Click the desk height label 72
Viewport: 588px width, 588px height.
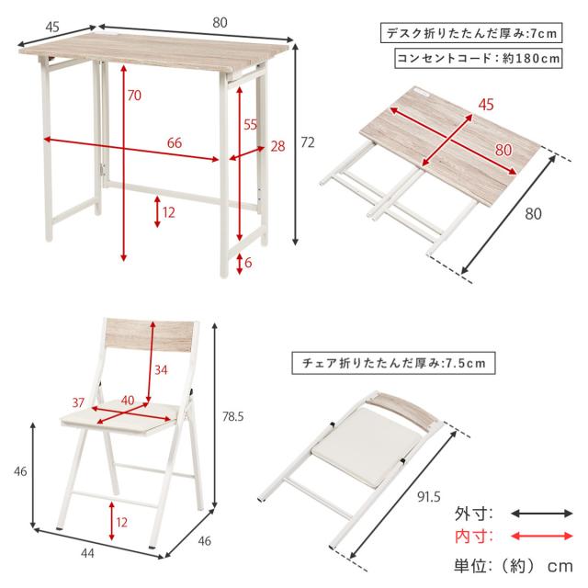[x=308, y=142]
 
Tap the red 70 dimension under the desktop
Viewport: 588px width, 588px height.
[x=134, y=96]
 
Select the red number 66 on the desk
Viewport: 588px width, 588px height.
[x=175, y=142]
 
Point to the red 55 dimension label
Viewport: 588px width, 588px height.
[x=250, y=124]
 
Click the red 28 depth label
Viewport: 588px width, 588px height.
[x=277, y=146]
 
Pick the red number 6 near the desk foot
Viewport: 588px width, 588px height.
[x=248, y=263]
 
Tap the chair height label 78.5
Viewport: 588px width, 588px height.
[x=232, y=416]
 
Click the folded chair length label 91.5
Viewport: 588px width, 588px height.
[x=429, y=497]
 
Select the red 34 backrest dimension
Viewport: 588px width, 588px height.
[x=161, y=369]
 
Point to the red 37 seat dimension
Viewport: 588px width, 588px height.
[x=78, y=402]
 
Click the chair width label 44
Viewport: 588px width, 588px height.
[x=87, y=553]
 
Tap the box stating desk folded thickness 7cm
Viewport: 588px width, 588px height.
[x=471, y=33]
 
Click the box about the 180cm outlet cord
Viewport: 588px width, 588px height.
[x=479, y=58]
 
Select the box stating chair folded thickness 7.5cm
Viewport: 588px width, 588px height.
[x=393, y=363]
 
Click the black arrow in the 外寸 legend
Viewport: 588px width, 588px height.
[x=542, y=514]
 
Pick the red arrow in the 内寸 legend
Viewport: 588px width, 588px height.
[x=542, y=537]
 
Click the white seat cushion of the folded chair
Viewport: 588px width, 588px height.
[x=366, y=448]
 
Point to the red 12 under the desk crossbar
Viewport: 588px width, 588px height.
[x=169, y=212]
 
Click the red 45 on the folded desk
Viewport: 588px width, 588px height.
[x=486, y=105]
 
